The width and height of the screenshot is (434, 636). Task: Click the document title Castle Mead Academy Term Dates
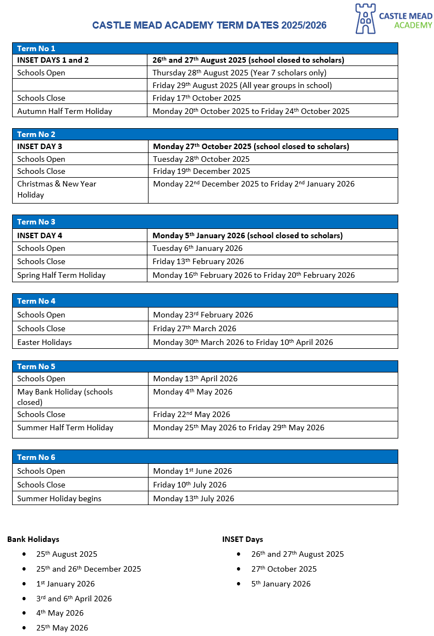[209, 25]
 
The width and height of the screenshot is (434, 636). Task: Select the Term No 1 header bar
[205, 48]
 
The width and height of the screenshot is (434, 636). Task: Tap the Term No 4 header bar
[205, 301]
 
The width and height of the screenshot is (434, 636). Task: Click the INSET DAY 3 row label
[40, 146]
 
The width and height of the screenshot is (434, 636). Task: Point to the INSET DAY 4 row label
[40, 235]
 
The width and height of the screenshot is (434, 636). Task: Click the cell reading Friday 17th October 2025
[196, 98]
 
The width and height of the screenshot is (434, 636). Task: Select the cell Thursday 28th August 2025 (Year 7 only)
[239, 73]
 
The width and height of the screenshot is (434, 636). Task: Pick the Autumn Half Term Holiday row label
[64, 111]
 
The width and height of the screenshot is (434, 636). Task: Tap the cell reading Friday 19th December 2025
[201, 171]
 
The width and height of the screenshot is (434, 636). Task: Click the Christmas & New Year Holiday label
[57, 189]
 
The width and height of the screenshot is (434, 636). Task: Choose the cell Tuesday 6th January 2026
[197, 248]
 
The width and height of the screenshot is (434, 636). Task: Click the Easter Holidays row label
[45, 342]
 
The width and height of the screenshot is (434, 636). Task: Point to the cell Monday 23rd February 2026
[203, 315]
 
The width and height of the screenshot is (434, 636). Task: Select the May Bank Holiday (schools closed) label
[65, 397]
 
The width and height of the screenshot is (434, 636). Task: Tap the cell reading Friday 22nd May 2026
[191, 414]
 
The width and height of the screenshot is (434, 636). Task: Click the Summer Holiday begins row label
[59, 498]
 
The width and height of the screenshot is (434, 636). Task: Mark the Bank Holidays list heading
[33, 539]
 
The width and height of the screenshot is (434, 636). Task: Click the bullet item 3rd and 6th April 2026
[74, 599]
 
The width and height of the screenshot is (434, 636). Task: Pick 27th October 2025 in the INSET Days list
[284, 569]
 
